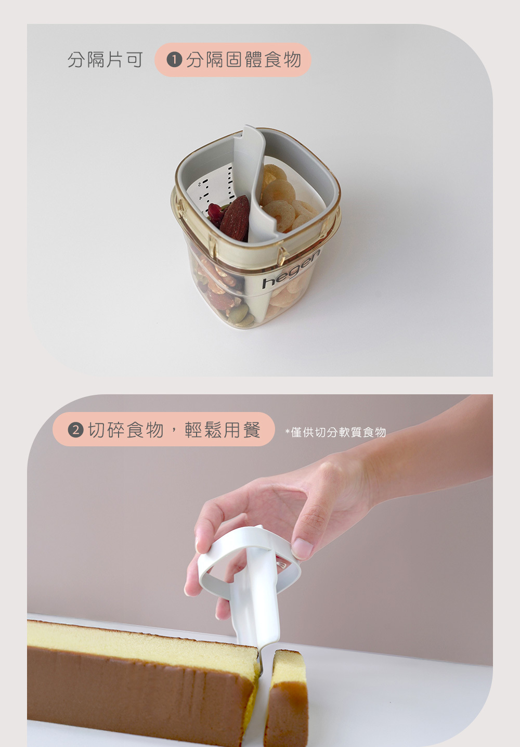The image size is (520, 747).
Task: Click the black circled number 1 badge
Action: point(174,60)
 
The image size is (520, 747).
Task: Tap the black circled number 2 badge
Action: point(75,430)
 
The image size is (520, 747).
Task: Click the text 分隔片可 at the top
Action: point(106,60)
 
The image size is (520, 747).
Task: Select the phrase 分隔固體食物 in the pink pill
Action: point(244,60)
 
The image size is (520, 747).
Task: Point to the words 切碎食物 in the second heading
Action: point(126,430)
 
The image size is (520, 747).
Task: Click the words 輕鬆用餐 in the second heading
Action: point(223,430)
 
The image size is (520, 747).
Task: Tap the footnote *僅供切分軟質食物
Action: point(336,432)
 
